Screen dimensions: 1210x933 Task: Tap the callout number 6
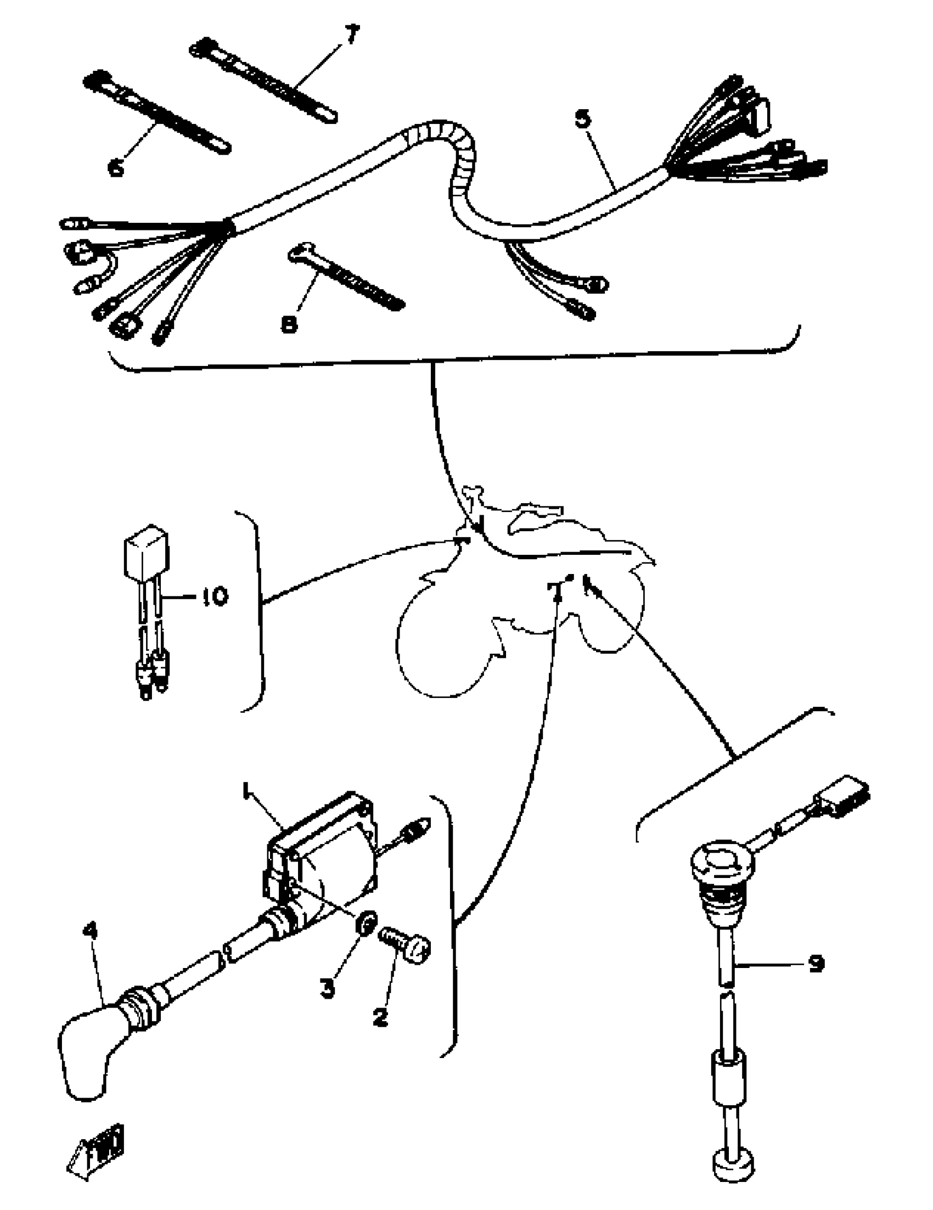pos(116,166)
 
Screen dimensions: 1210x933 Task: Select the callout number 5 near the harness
pos(583,119)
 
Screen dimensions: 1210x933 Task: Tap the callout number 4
pos(90,930)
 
